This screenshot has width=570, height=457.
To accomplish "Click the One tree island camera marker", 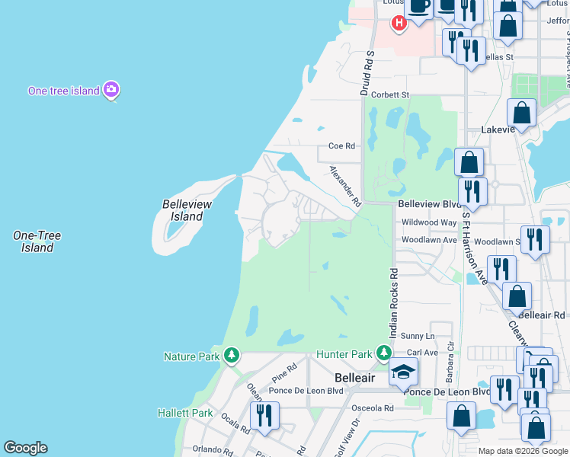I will pyautogui.click(x=111, y=90).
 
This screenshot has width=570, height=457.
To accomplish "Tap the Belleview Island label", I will pyautogui.click(x=187, y=210).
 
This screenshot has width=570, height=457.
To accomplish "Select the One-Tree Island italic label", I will pyautogui.click(x=37, y=241).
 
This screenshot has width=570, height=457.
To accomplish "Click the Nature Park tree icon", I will pyautogui.click(x=232, y=356).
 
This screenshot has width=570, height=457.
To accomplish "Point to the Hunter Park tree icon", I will pyautogui.click(x=384, y=353).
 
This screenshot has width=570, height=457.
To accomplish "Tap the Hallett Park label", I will pyautogui.click(x=185, y=413).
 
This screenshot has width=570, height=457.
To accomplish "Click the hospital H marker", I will pyautogui.click(x=399, y=24).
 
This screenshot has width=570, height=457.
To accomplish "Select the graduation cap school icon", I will pyautogui.click(x=403, y=371).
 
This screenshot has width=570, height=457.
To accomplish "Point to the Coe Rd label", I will pyautogui.click(x=341, y=145).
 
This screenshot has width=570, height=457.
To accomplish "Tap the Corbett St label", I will pyautogui.click(x=390, y=95).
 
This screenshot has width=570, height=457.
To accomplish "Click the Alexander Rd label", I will pyautogui.click(x=344, y=186).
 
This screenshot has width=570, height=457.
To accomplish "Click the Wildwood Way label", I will pyautogui.click(x=428, y=222).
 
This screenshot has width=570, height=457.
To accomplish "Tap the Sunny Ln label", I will pyautogui.click(x=418, y=336).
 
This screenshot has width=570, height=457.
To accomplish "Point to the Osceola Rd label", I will pyautogui.click(x=373, y=408).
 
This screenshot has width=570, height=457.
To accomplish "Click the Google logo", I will pyautogui.click(x=25, y=448).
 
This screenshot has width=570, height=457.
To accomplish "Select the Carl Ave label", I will pyautogui.click(x=422, y=353).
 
